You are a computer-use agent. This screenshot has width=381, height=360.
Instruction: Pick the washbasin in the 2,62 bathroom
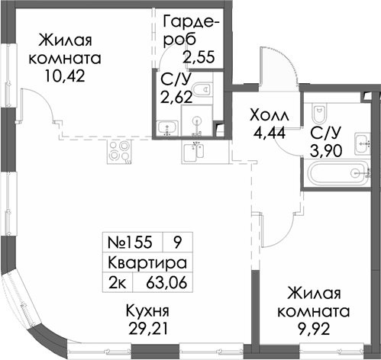[163, 127]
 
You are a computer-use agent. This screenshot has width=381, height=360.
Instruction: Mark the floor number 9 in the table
[177, 244]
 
